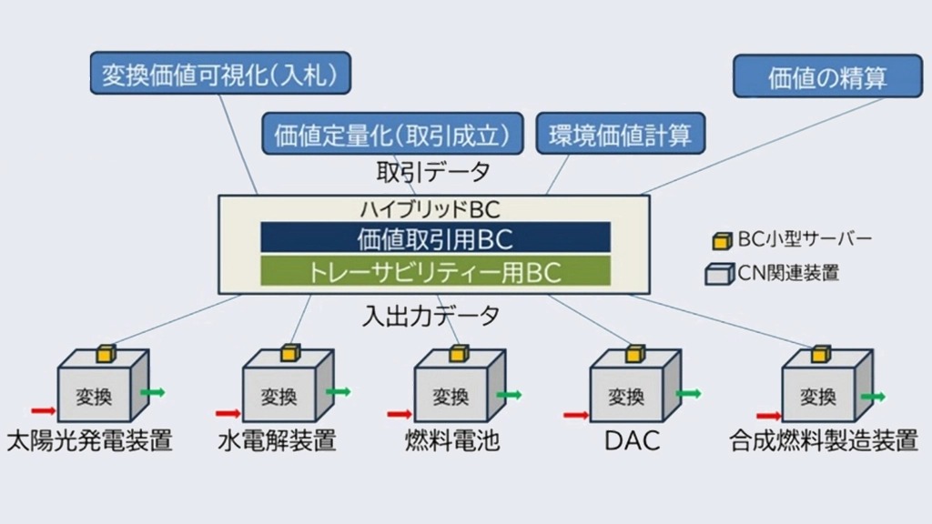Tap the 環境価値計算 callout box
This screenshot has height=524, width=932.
621,135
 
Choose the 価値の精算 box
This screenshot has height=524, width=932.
827,77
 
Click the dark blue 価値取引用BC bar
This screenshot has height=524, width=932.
435,238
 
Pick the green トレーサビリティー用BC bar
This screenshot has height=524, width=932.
435,271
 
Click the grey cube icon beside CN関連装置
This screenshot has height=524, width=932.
718,271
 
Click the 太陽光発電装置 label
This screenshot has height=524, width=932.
89,442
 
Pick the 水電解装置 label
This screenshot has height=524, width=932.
277,442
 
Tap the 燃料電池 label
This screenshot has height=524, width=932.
452,442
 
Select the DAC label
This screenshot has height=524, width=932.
632,442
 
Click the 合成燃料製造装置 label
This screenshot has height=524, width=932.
823,442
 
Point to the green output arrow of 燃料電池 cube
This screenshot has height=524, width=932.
509,395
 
